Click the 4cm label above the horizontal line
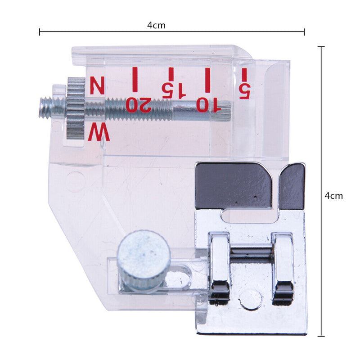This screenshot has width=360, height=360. point(156,25)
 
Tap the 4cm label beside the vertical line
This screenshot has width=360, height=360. point(333,196)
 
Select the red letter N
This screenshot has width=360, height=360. point(97,85)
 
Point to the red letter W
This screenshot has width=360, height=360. point(99,134)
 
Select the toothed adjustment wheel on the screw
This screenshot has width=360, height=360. point(75,108)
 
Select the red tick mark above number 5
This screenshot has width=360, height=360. point(245,74)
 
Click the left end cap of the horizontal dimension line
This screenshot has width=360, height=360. point(40,32)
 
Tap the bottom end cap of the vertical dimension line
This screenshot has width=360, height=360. point(321,336)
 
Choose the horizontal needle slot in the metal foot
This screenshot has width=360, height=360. point(245,216)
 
